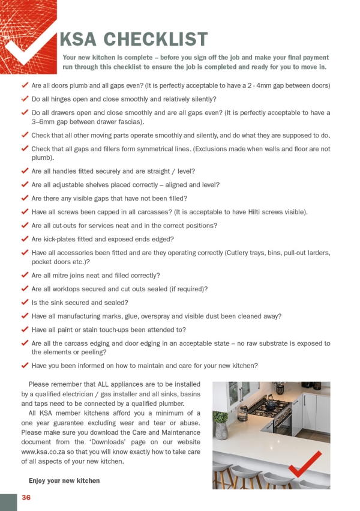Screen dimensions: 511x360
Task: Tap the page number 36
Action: click(x=26, y=497)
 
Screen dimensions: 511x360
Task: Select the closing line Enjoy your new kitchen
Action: click(x=64, y=480)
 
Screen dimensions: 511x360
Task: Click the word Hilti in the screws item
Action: click(x=265, y=212)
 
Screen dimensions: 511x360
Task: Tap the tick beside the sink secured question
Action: click(x=25, y=302)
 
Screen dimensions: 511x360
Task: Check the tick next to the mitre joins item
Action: click(x=25, y=275)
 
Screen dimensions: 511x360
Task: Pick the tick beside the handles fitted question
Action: click(x=25, y=171)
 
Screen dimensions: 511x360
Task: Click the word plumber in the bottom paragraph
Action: click(x=185, y=404)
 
